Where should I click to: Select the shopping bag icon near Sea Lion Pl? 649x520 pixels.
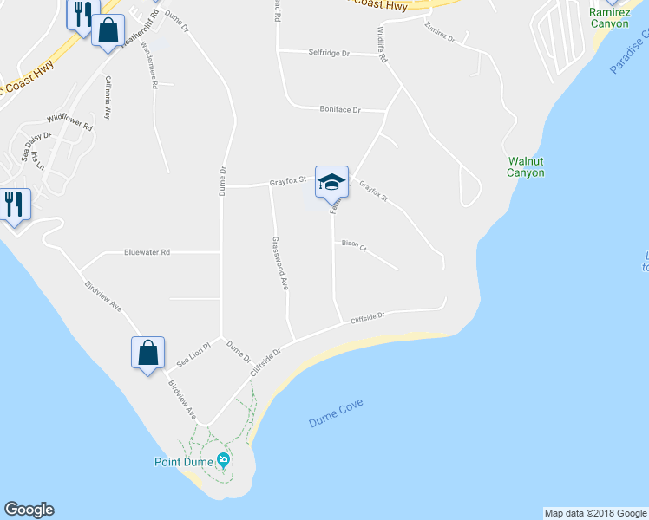click(x=147, y=353)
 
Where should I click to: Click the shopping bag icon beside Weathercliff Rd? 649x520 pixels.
click(x=108, y=32)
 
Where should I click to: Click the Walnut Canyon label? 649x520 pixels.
click(x=526, y=166)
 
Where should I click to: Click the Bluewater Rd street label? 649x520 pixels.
click(x=147, y=252)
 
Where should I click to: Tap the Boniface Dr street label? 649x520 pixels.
click(x=339, y=109)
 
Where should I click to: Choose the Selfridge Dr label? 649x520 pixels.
click(x=329, y=53)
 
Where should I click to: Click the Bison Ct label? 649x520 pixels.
click(x=354, y=245)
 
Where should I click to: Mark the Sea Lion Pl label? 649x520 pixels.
click(x=193, y=354)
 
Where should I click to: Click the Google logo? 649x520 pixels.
click(x=29, y=510)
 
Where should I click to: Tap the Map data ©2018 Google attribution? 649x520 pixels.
click(x=595, y=513)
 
